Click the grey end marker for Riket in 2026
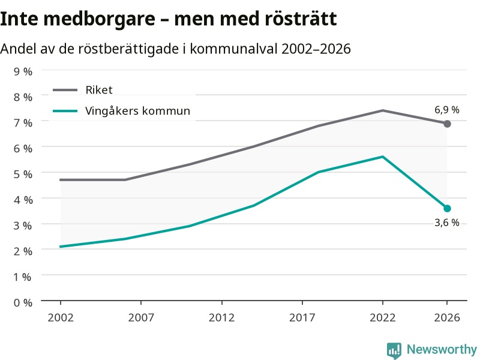(x=447, y=124)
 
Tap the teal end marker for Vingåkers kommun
(x=447, y=208)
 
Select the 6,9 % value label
(x=447, y=110)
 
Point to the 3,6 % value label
(x=447, y=223)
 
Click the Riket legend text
(x=99, y=90)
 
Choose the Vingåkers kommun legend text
(x=138, y=111)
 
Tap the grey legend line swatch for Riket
(x=65, y=90)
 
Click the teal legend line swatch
(x=65, y=111)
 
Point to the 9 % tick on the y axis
(x=23, y=71)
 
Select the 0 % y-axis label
(x=23, y=303)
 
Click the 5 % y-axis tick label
(x=23, y=174)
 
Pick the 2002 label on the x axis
(x=61, y=318)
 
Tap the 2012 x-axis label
(x=221, y=318)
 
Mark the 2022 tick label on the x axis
(x=383, y=318)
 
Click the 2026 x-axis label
(x=447, y=318)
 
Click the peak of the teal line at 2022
(x=383, y=157)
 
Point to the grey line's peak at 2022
(x=383, y=110)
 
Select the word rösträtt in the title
(x=301, y=19)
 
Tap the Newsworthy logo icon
(x=394, y=350)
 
